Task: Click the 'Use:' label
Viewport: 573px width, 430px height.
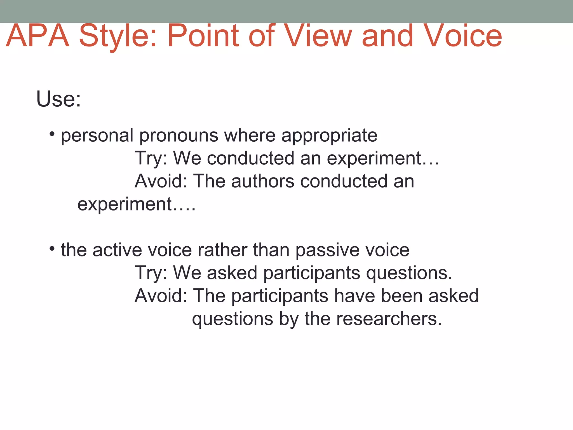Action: (58, 99)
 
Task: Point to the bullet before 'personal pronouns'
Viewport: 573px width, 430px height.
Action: (52, 134)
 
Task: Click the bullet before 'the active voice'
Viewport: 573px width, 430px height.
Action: (52, 248)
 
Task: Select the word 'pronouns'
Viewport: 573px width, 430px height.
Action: (179, 136)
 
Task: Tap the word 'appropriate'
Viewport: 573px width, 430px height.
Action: (329, 136)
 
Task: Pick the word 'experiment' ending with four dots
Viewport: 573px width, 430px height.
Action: (136, 204)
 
